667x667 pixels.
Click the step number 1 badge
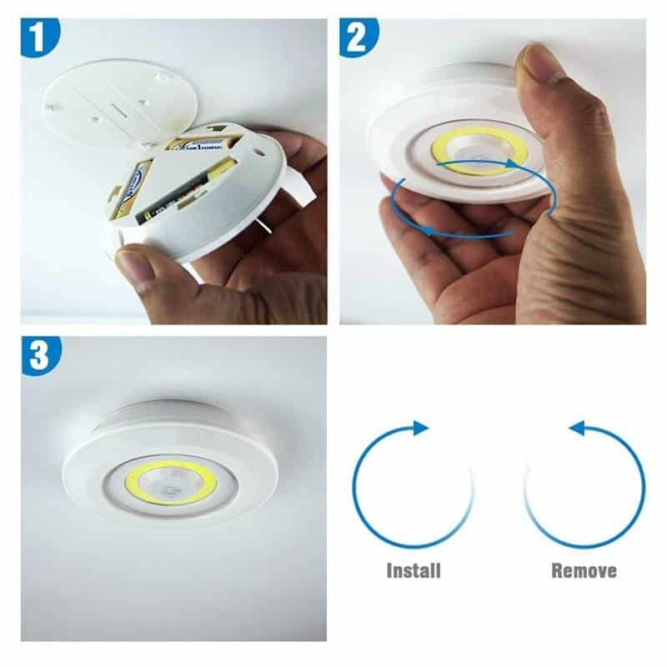click(x=40, y=38)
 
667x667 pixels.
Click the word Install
click(x=414, y=571)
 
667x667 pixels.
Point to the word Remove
click(x=584, y=571)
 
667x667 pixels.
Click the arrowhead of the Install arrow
click(x=422, y=428)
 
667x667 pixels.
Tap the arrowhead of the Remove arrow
click(x=576, y=428)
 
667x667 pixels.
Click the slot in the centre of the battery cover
click(x=123, y=108)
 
